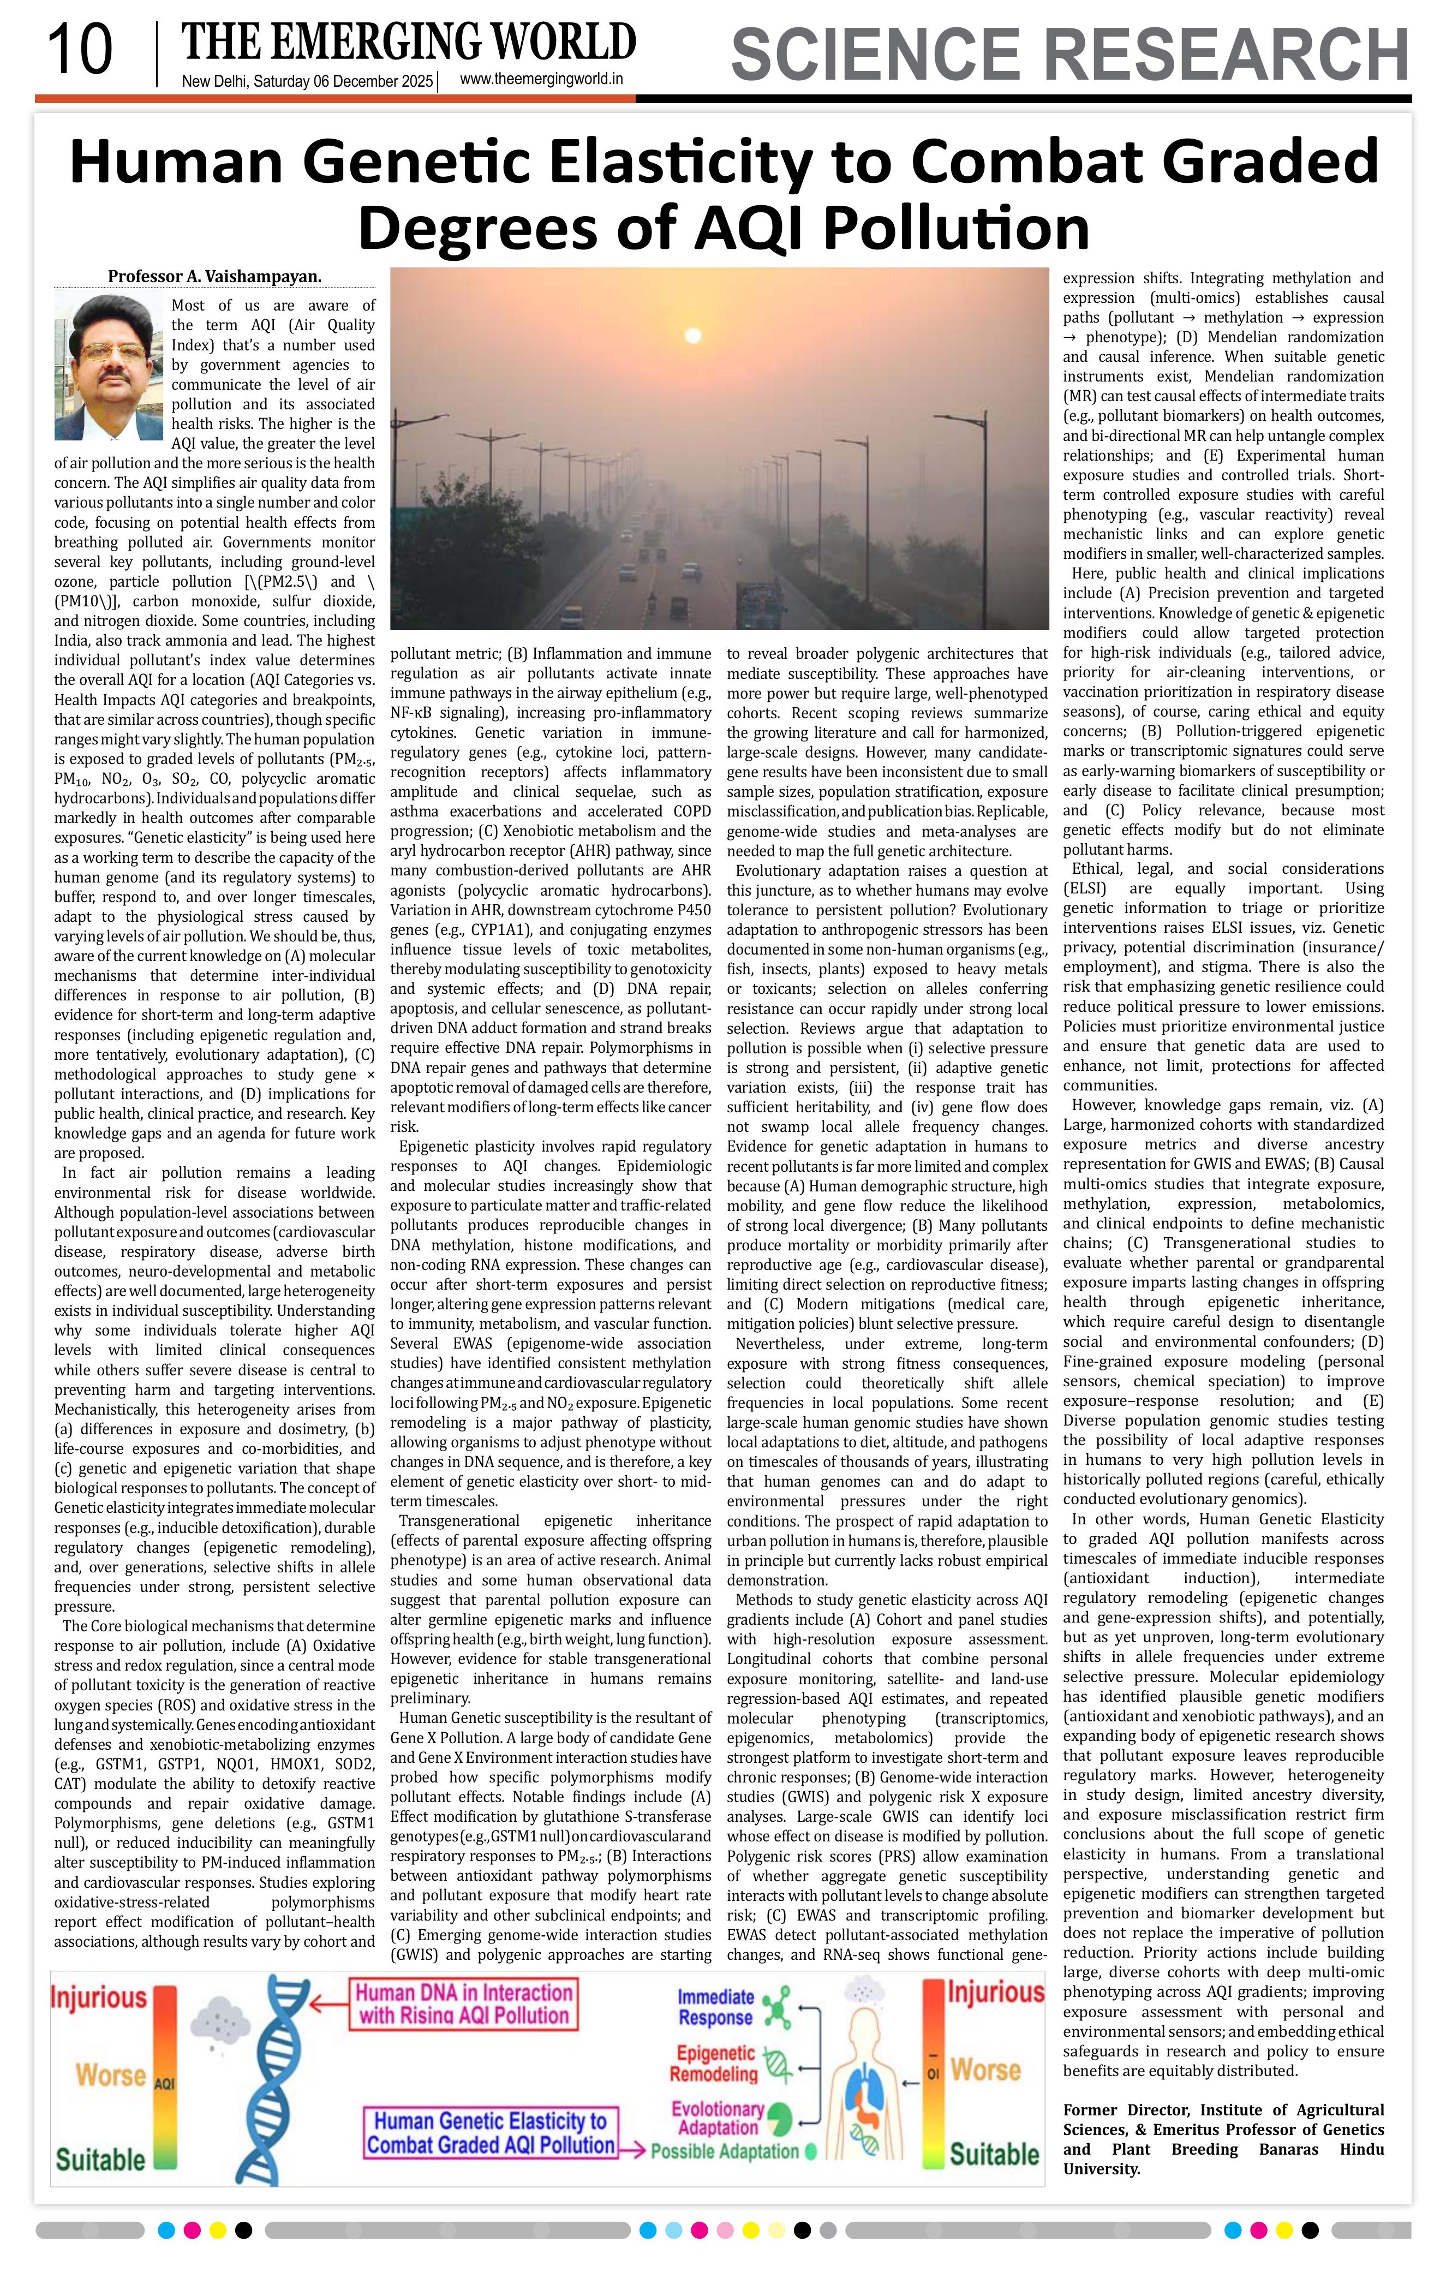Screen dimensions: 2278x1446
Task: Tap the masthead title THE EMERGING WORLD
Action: tap(409, 43)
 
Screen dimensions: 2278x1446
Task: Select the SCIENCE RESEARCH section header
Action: tap(1069, 55)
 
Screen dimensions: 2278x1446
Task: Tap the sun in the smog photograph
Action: tap(693, 335)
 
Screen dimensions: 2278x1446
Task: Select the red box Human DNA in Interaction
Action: tap(463, 2003)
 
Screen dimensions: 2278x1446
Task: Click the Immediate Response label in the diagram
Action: tap(715, 2007)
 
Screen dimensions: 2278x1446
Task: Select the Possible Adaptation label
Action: tap(725, 2151)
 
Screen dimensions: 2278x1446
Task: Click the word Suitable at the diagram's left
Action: tap(100, 2160)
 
